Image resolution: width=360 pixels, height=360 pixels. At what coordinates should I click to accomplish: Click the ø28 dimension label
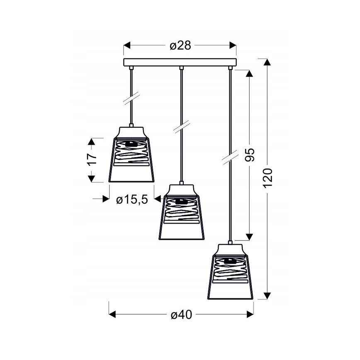click(x=180, y=46)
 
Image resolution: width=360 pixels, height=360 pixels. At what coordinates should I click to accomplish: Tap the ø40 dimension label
click(x=181, y=315)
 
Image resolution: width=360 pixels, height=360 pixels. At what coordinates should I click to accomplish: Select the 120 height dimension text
click(x=268, y=178)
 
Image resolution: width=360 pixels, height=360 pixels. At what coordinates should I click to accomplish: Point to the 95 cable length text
click(x=250, y=155)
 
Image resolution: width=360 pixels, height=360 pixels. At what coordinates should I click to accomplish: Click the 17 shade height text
click(x=92, y=159)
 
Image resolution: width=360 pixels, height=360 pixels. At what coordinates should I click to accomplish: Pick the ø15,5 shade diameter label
click(x=132, y=200)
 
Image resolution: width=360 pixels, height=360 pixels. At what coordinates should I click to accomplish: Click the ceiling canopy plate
click(x=180, y=63)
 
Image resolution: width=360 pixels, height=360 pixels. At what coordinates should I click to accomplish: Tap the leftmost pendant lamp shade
click(x=131, y=155)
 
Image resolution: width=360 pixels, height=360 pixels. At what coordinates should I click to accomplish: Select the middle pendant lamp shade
click(x=182, y=212)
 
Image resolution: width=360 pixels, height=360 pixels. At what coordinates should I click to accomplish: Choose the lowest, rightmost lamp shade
click(x=230, y=272)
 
